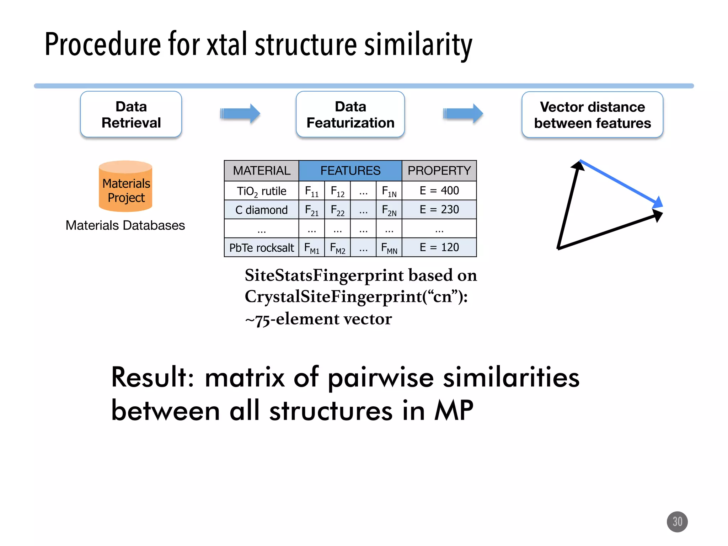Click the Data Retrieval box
pos(131,114)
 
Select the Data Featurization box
pos(350,114)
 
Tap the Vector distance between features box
pos(592,115)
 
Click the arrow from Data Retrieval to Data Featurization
pos(240,114)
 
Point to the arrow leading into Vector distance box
pos(463,114)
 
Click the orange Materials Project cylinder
pos(125,187)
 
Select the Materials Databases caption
pos(125,225)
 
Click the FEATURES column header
pos(350,171)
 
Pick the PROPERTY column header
pos(439,171)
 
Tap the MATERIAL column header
pos(261,171)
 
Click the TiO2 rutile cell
pos(261,191)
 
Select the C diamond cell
pos(261,210)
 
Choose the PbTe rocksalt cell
pos(261,247)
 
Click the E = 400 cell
pos(439,191)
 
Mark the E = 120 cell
pos(439,247)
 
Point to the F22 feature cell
pos(337,210)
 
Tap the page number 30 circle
pos(677,521)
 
